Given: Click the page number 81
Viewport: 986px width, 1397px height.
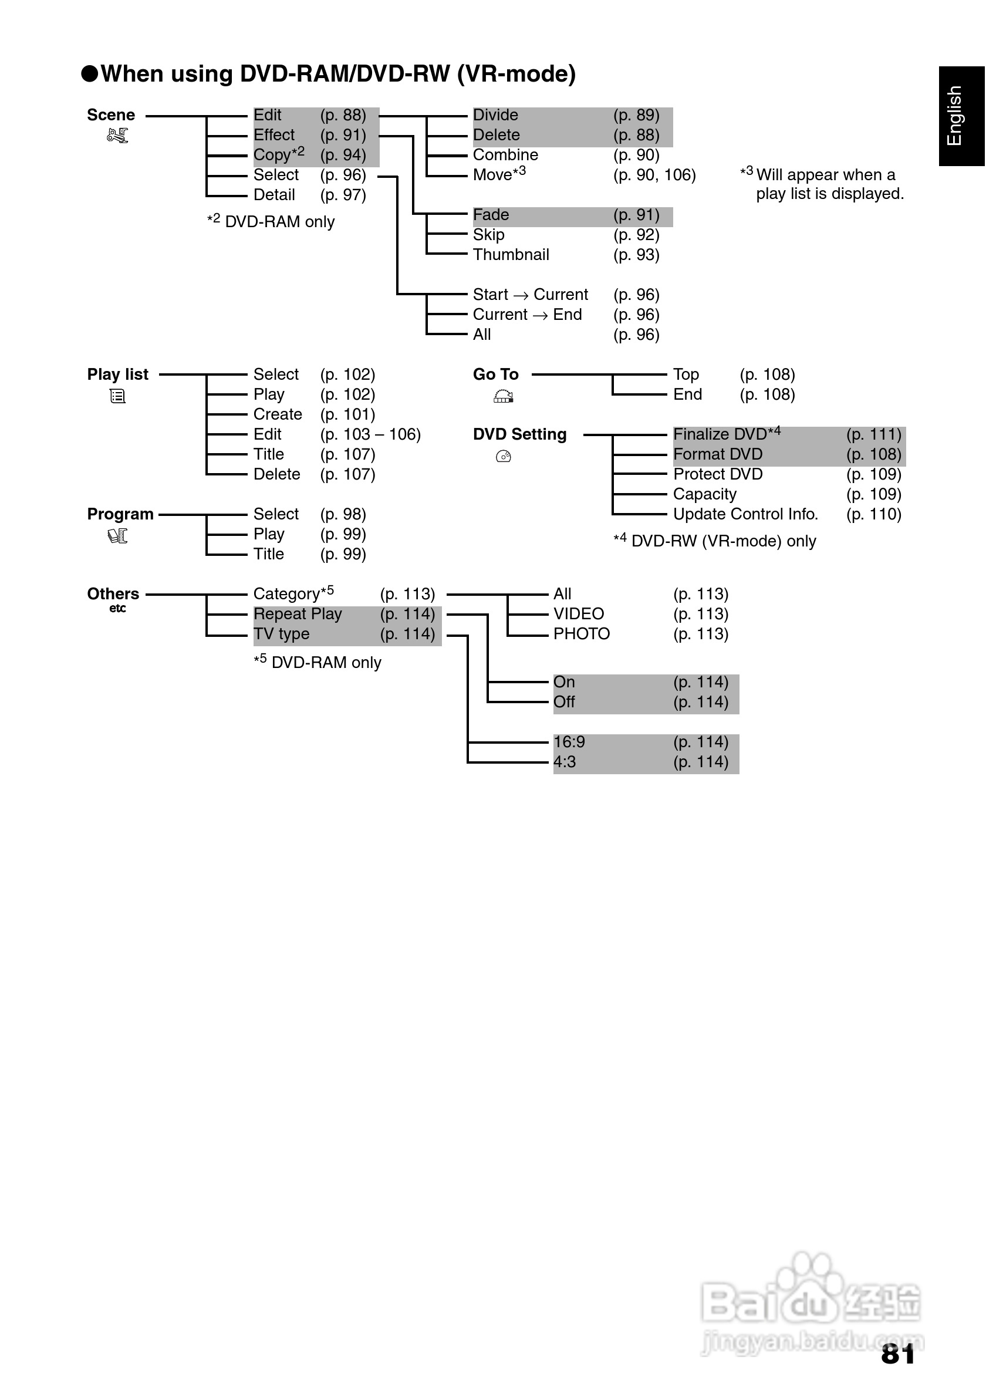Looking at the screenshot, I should pyautogui.click(x=898, y=1354).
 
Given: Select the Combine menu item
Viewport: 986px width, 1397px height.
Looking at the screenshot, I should pyautogui.click(x=505, y=155).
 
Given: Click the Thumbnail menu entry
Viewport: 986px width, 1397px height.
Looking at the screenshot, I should pyautogui.click(x=511, y=255).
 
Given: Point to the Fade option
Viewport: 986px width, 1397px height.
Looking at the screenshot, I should pyautogui.click(x=491, y=215).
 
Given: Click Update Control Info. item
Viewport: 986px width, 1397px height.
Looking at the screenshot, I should pyautogui.click(x=745, y=514).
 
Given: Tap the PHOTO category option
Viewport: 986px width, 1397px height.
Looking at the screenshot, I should pyautogui.click(x=582, y=634).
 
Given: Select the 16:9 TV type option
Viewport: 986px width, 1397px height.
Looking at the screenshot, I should pyautogui.click(x=569, y=743).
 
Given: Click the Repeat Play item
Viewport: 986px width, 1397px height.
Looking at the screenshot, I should pyautogui.click(x=298, y=614).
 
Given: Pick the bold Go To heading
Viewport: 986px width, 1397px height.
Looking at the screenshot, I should pyautogui.click(x=496, y=375).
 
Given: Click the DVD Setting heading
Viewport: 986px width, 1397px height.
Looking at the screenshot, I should pyautogui.click(x=519, y=434).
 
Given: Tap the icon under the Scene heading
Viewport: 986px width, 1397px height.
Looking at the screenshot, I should pyautogui.click(x=117, y=136).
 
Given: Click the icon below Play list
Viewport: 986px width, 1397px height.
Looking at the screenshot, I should pyautogui.click(x=117, y=397).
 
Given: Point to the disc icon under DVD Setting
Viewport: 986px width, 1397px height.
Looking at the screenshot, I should pyautogui.click(x=504, y=456).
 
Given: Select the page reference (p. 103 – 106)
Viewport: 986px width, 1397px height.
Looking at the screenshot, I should pyautogui.click(x=370, y=434).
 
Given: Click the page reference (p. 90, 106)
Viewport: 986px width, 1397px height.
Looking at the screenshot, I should pyautogui.click(x=654, y=176).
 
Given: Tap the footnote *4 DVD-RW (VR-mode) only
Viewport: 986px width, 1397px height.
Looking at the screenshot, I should pyautogui.click(x=715, y=541).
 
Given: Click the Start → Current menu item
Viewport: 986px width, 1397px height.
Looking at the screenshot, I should pyautogui.click(x=531, y=295).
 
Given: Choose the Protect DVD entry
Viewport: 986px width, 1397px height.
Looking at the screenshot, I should pyautogui.click(x=718, y=475).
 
